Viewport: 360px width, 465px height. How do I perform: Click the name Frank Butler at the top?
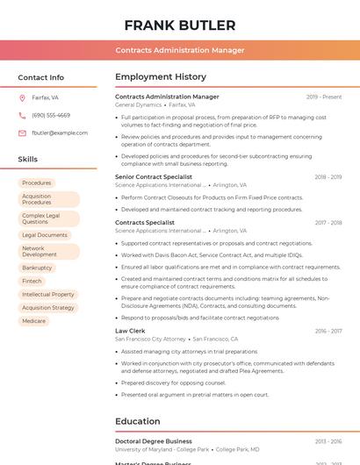(180, 25)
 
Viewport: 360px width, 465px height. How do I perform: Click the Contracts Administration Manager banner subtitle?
(180, 50)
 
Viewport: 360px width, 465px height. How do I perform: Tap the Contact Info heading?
(41, 77)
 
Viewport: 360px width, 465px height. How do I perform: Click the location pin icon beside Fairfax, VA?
(22, 98)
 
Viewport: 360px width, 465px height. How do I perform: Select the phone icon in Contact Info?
(22, 115)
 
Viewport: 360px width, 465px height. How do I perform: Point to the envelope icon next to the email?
(22, 132)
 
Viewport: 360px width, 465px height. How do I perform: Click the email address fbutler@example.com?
(60, 132)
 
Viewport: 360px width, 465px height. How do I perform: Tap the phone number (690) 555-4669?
(51, 115)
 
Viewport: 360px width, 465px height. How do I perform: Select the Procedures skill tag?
(37, 182)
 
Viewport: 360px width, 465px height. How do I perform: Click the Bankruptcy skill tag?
(37, 268)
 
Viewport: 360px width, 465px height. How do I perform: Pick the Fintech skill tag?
(32, 281)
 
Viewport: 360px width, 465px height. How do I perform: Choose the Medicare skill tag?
(33, 321)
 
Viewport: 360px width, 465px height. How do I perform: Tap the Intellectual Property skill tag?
(48, 295)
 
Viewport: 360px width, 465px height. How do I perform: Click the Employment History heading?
(161, 77)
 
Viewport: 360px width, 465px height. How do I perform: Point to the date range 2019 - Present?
(324, 97)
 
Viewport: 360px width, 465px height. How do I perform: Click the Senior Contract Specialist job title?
(154, 176)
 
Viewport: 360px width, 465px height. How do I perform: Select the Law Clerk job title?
(129, 331)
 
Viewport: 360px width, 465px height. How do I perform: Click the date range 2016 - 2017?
(328, 331)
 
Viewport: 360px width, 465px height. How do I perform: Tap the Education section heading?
(137, 421)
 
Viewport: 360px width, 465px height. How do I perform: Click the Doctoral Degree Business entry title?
(154, 441)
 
